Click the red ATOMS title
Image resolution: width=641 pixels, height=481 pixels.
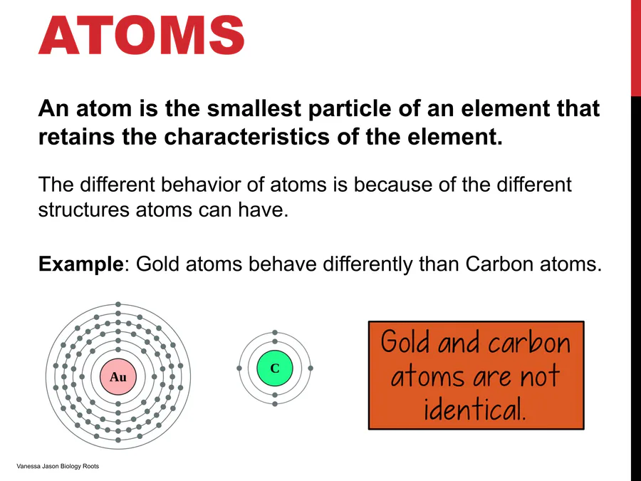(x=142, y=35)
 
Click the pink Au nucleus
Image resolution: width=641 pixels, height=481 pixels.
(x=118, y=377)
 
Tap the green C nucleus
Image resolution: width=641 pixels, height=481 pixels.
(x=275, y=368)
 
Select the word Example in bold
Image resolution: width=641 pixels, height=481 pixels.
(x=81, y=264)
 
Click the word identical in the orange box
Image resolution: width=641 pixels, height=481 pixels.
(x=474, y=408)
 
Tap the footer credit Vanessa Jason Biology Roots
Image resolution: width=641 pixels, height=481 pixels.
(x=58, y=466)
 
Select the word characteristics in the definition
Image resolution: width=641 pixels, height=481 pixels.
(x=246, y=137)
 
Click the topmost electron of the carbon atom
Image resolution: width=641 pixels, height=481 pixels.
(x=275, y=333)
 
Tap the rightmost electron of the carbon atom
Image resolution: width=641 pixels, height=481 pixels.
(x=311, y=368)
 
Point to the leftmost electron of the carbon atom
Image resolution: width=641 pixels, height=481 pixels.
(x=239, y=368)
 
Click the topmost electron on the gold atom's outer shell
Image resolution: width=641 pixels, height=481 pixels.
(x=118, y=304)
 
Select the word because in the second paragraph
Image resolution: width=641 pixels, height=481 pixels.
(x=393, y=185)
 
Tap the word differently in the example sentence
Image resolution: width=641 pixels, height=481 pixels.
(x=368, y=264)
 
